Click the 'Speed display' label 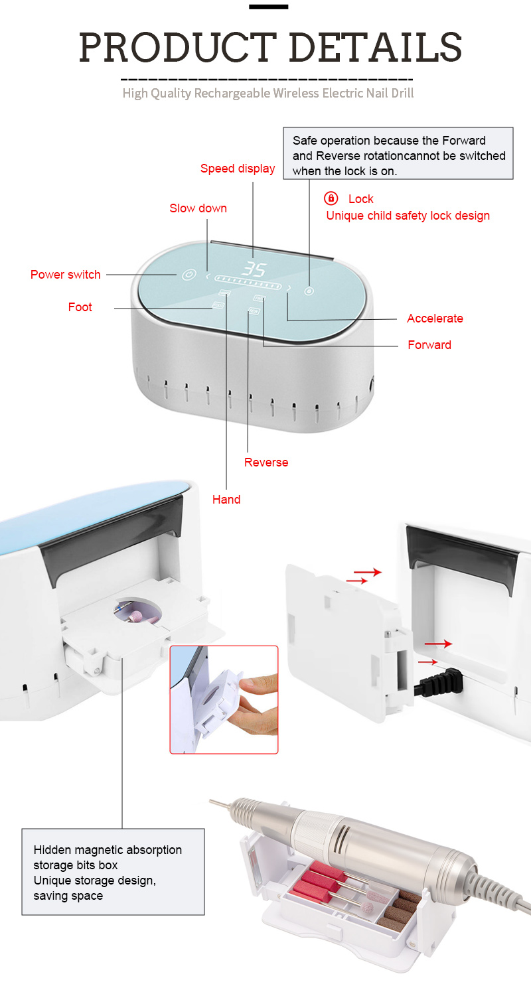point(238,169)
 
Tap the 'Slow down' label point(198,208)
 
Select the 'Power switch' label point(66,275)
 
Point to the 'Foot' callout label point(80,307)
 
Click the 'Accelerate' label point(435,318)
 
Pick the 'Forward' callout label point(429,344)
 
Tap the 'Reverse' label point(266,462)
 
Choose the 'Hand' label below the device point(226,499)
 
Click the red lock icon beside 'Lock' point(331,198)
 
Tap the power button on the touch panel point(189,275)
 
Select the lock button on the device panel point(309,291)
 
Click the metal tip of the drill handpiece point(221,804)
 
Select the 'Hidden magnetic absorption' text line point(108,849)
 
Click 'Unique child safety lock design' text point(408,216)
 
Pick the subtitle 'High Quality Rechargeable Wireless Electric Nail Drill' point(268,94)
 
